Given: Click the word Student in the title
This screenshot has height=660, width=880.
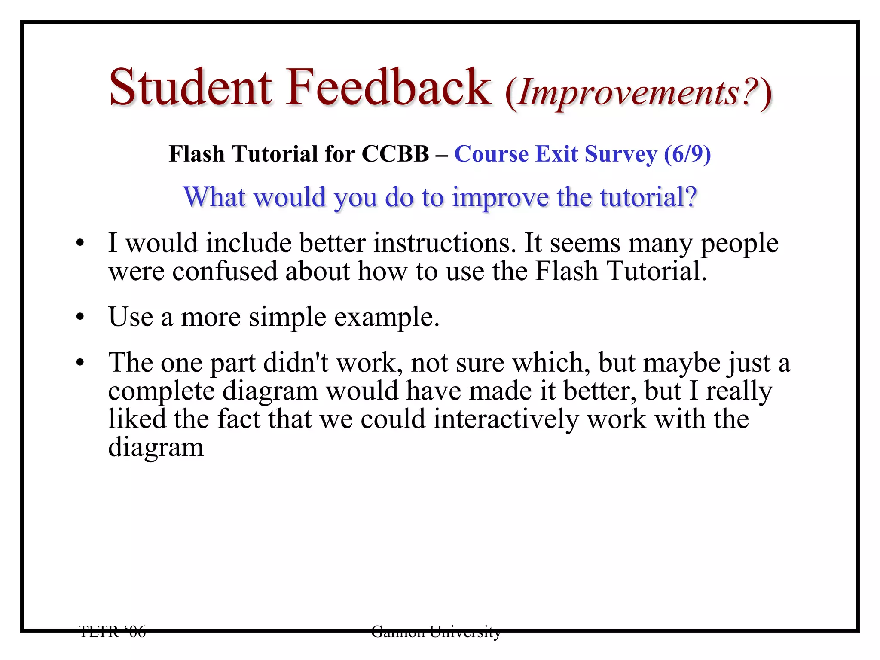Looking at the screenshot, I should point(190,88).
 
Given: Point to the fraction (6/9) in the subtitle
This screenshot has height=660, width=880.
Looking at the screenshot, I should point(687,154).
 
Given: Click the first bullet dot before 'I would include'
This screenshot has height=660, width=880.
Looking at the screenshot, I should point(80,244).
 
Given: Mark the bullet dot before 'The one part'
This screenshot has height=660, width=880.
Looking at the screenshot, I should point(80,364).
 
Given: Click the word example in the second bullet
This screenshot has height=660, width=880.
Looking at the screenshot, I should point(387,318).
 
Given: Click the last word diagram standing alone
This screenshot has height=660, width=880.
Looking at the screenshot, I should point(156,448).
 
